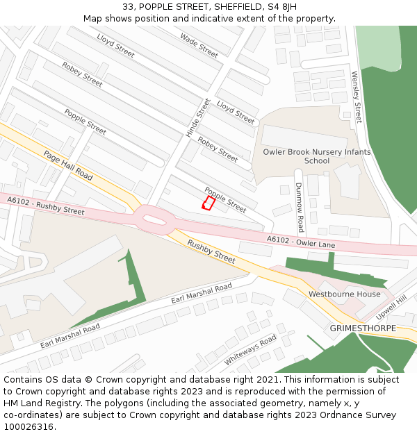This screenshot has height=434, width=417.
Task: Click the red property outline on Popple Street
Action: [x=208, y=203]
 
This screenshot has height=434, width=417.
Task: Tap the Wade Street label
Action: [x=199, y=45]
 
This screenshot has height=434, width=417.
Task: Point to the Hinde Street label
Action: [x=198, y=117]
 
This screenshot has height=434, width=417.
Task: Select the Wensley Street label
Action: [x=357, y=97]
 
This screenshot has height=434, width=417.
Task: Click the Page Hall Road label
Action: [x=68, y=165]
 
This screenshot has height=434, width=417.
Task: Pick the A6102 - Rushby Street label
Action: [x=45, y=206]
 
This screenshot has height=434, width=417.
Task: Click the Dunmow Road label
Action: [x=300, y=207]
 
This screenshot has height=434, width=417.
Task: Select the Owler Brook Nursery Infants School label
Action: [x=317, y=156]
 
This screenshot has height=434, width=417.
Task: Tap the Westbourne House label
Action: [x=345, y=294]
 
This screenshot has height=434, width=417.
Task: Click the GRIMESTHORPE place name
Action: [x=363, y=328]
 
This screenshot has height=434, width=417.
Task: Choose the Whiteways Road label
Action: [x=250, y=349]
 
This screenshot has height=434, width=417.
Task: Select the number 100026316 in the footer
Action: [x=28, y=426]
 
